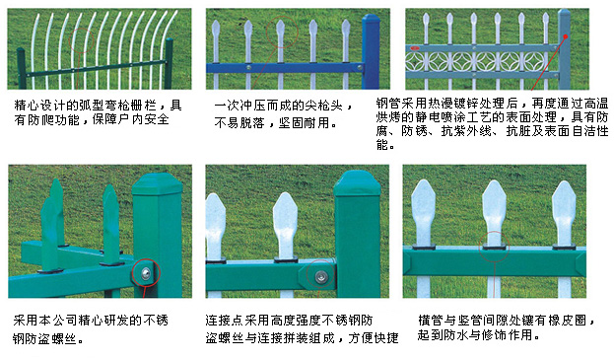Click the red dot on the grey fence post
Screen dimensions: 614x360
pyautogui.click(x=566, y=36)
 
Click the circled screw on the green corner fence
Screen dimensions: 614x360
pyautogui.click(x=146, y=273)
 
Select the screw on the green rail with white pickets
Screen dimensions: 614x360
pyautogui.click(x=321, y=277)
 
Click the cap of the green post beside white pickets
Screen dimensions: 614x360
pyautogui.click(x=357, y=182)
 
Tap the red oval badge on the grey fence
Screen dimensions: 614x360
pyautogui.click(x=415, y=48)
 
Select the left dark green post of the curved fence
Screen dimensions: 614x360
pyautogui.click(x=21, y=68)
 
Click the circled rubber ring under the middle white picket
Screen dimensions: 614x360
pyautogui.click(x=494, y=247)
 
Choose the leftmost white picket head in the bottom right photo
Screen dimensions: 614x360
pyautogui.click(x=424, y=211)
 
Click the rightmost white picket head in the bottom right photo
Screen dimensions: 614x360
pyautogui.click(x=564, y=212)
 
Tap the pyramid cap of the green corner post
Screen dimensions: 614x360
pyautogui.click(x=157, y=183)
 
